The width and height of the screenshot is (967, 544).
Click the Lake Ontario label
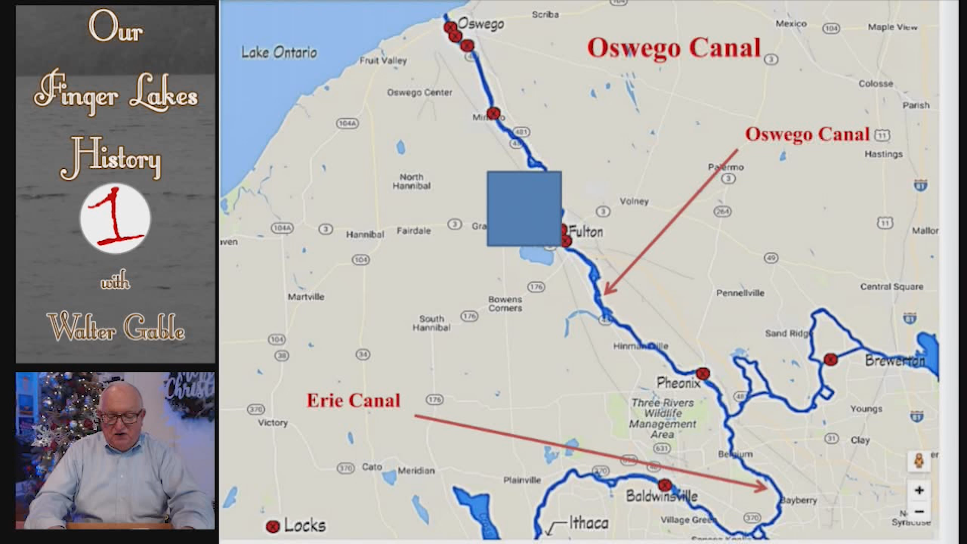279,52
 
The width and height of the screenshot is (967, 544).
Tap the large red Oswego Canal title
673,48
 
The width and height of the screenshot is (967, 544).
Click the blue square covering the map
524,209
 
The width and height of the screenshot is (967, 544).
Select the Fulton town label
586,232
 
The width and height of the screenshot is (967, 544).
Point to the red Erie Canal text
353,400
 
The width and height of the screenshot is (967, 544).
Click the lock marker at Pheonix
703,373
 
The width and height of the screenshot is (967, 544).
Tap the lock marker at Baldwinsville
664,485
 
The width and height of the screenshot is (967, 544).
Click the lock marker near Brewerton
831,359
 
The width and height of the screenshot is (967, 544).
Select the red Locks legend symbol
272,526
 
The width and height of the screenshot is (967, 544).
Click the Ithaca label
588,523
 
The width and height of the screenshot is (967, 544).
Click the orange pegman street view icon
919,461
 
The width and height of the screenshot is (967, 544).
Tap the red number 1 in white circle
115,218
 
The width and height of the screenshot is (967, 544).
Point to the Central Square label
891,287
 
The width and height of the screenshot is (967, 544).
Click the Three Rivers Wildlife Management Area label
662,418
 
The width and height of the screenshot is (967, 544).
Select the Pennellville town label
740,293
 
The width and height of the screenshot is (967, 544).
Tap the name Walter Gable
116,328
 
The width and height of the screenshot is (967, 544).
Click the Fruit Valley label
383,60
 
